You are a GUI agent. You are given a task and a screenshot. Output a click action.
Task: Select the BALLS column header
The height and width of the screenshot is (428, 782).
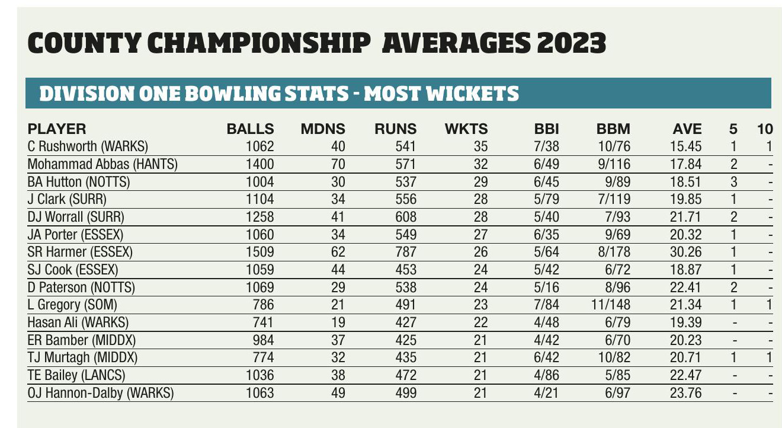pyautogui.click(x=251, y=129)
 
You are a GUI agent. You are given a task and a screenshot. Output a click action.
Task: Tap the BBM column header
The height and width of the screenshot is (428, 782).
pyautogui.click(x=613, y=129)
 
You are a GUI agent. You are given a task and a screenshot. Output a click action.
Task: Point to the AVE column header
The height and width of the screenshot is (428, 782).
pyautogui.click(x=687, y=129)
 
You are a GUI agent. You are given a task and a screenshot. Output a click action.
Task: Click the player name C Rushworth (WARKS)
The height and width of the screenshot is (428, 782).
pyautogui.click(x=88, y=145)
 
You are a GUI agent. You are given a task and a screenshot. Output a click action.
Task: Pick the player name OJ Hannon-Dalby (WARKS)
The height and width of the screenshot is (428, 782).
pyautogui.click(x=101, y=394)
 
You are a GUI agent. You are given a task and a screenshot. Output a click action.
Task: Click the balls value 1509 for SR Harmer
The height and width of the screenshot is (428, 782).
pyautogui.click(x=260, y=251)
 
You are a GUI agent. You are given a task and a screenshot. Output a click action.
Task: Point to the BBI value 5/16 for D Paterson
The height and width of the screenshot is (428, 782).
pyautogui.click(x=546, y=288)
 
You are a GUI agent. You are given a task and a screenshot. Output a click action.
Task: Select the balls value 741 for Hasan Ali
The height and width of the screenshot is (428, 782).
pyautogui.click(x=263, y=322)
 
